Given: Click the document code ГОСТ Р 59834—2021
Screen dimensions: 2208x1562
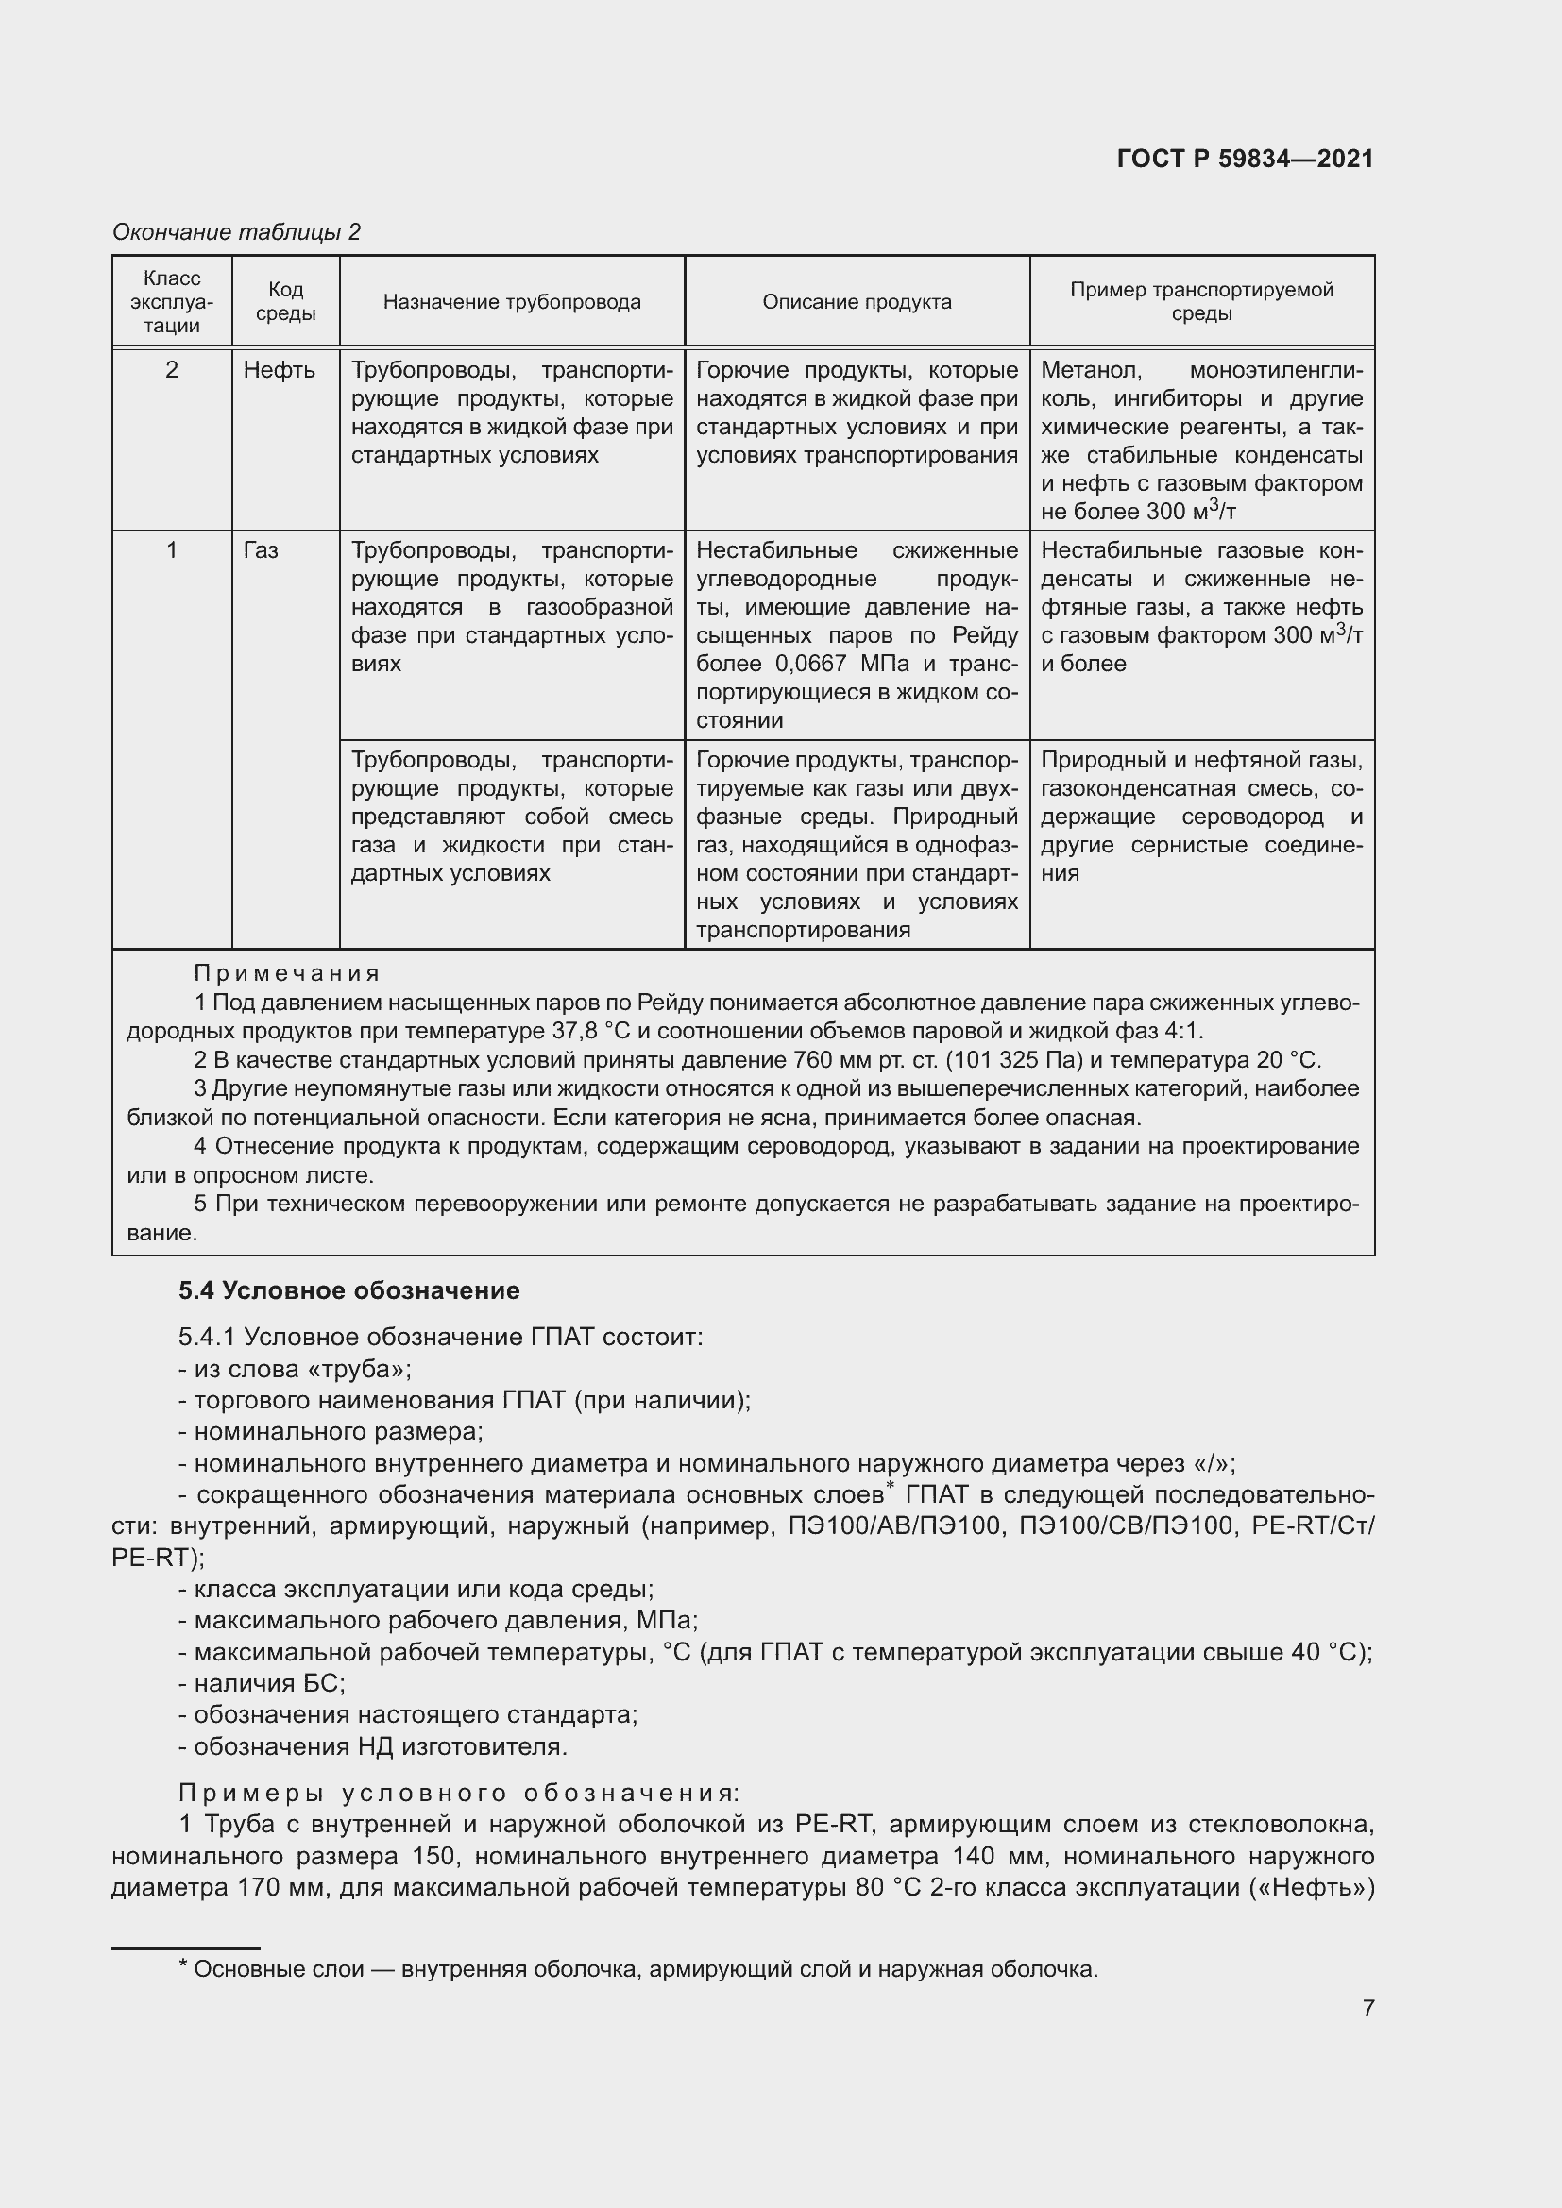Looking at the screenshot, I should (x=1245, y=159).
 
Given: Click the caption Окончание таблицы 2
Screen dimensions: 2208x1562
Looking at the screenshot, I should (x=237, y=232).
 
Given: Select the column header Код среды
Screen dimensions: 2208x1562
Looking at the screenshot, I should (x=285, y=301).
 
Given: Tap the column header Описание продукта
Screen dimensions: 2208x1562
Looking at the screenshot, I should (x=856, y=302).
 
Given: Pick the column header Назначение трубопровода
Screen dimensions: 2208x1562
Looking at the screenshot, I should (x=512, y=302).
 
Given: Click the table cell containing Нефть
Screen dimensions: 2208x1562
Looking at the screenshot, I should (x=279, y=370).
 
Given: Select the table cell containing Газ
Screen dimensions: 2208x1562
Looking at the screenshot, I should (x=261, y=550).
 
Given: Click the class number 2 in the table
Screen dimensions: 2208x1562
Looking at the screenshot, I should (x=171, y=370).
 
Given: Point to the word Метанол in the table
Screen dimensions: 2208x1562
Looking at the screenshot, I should (x=1091, y=370).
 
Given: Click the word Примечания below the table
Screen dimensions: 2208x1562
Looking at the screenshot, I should (x=287, y=973).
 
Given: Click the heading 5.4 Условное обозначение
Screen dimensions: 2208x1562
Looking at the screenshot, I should (x=348, y=1290).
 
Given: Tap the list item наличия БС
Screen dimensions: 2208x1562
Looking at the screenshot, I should (x=262, y=1682).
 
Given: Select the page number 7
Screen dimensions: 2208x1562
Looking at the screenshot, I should (x=1367, y=2008).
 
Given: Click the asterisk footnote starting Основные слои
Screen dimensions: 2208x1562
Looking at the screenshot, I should (x=638, y=1968).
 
